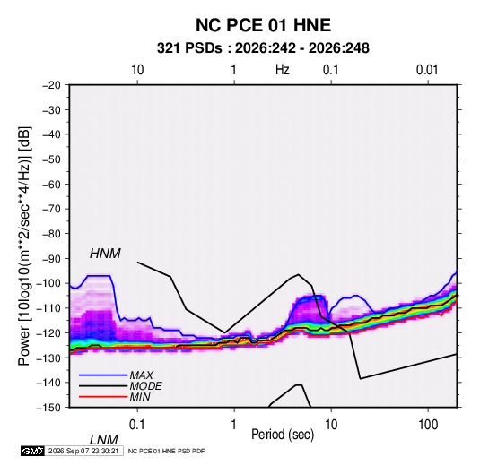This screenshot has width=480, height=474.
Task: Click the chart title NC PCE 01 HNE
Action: tap(263, 25)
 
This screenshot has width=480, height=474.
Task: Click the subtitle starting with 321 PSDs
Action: tap(263, 48)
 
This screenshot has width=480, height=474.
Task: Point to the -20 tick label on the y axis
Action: tap(51, 85)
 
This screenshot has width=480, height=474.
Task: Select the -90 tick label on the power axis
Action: tap(51, 258)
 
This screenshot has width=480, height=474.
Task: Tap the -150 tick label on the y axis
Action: tap(49, 408)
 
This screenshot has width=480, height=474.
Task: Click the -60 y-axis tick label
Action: tap(51, 184)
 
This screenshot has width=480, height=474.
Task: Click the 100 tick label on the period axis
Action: tap(428, 425)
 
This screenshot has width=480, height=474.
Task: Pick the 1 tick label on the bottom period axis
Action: tap(234, 425)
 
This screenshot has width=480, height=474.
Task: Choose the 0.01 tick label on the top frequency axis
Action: tap(427, 70)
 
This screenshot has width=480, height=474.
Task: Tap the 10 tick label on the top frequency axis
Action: tap(137, 70)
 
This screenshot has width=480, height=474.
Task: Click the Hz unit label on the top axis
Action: tap(283, 70)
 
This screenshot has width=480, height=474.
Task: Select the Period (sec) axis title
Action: tap(283, 435)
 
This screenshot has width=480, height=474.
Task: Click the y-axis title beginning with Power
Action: tap(24, 246)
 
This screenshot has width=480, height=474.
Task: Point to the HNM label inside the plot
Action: tap(105, 254)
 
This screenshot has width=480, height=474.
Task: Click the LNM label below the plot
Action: tap(104, 440)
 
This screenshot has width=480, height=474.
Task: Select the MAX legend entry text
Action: tap(142, 375)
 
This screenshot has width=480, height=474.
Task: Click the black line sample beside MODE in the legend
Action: tap(103, 386)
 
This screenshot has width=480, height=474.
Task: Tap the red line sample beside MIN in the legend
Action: tap(103, 397)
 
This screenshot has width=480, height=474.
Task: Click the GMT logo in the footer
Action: tap(33, 451)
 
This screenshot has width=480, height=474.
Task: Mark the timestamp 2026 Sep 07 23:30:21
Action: tap(83, 451)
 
